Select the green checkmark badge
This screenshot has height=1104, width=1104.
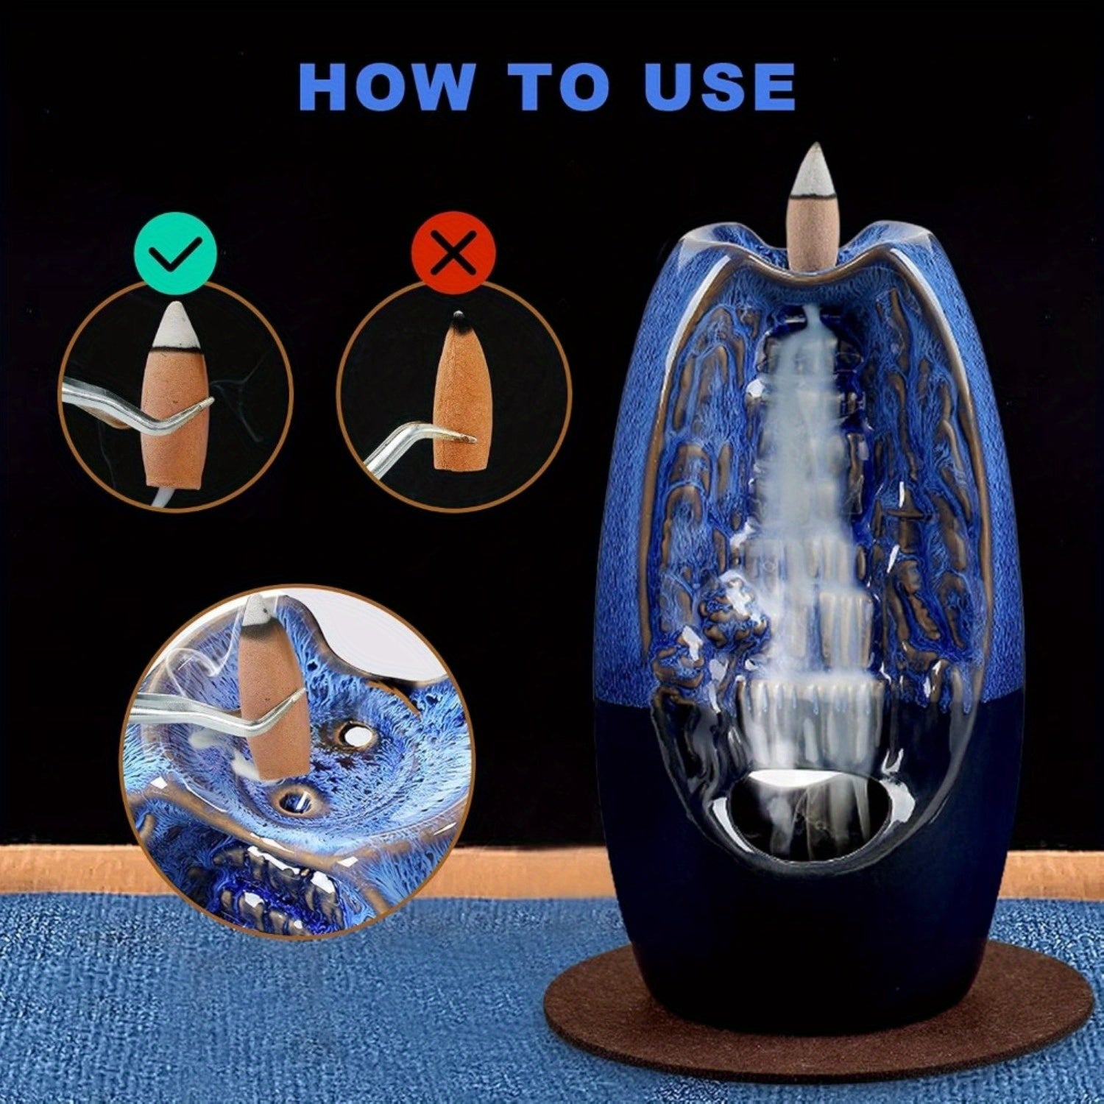tap(176, 251)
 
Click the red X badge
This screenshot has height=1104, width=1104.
tap(454, 252)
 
